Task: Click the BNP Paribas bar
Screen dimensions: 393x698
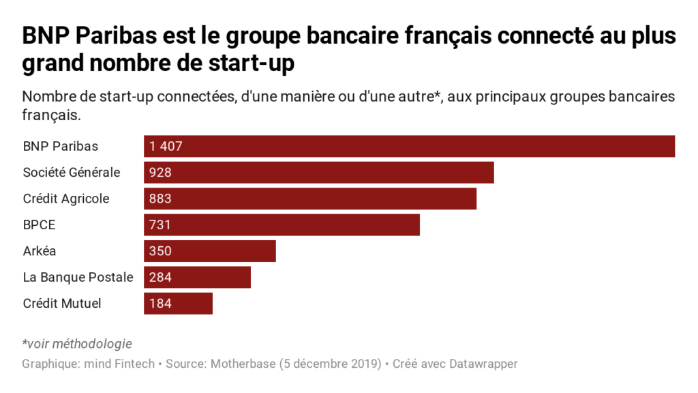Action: click(409, 147)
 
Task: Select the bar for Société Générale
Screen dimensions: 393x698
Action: click(318, 173)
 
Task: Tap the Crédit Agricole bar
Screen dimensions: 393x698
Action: click(310, 199)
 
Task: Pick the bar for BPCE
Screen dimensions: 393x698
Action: click(282, 224)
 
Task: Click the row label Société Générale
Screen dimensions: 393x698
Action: click(72, 173)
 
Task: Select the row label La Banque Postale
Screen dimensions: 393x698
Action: click(78, 277)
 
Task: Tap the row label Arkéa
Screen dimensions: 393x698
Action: click(40, 251)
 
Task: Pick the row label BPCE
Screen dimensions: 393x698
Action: click(38, 224)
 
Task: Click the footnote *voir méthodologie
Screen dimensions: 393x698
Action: click(77, 344)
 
